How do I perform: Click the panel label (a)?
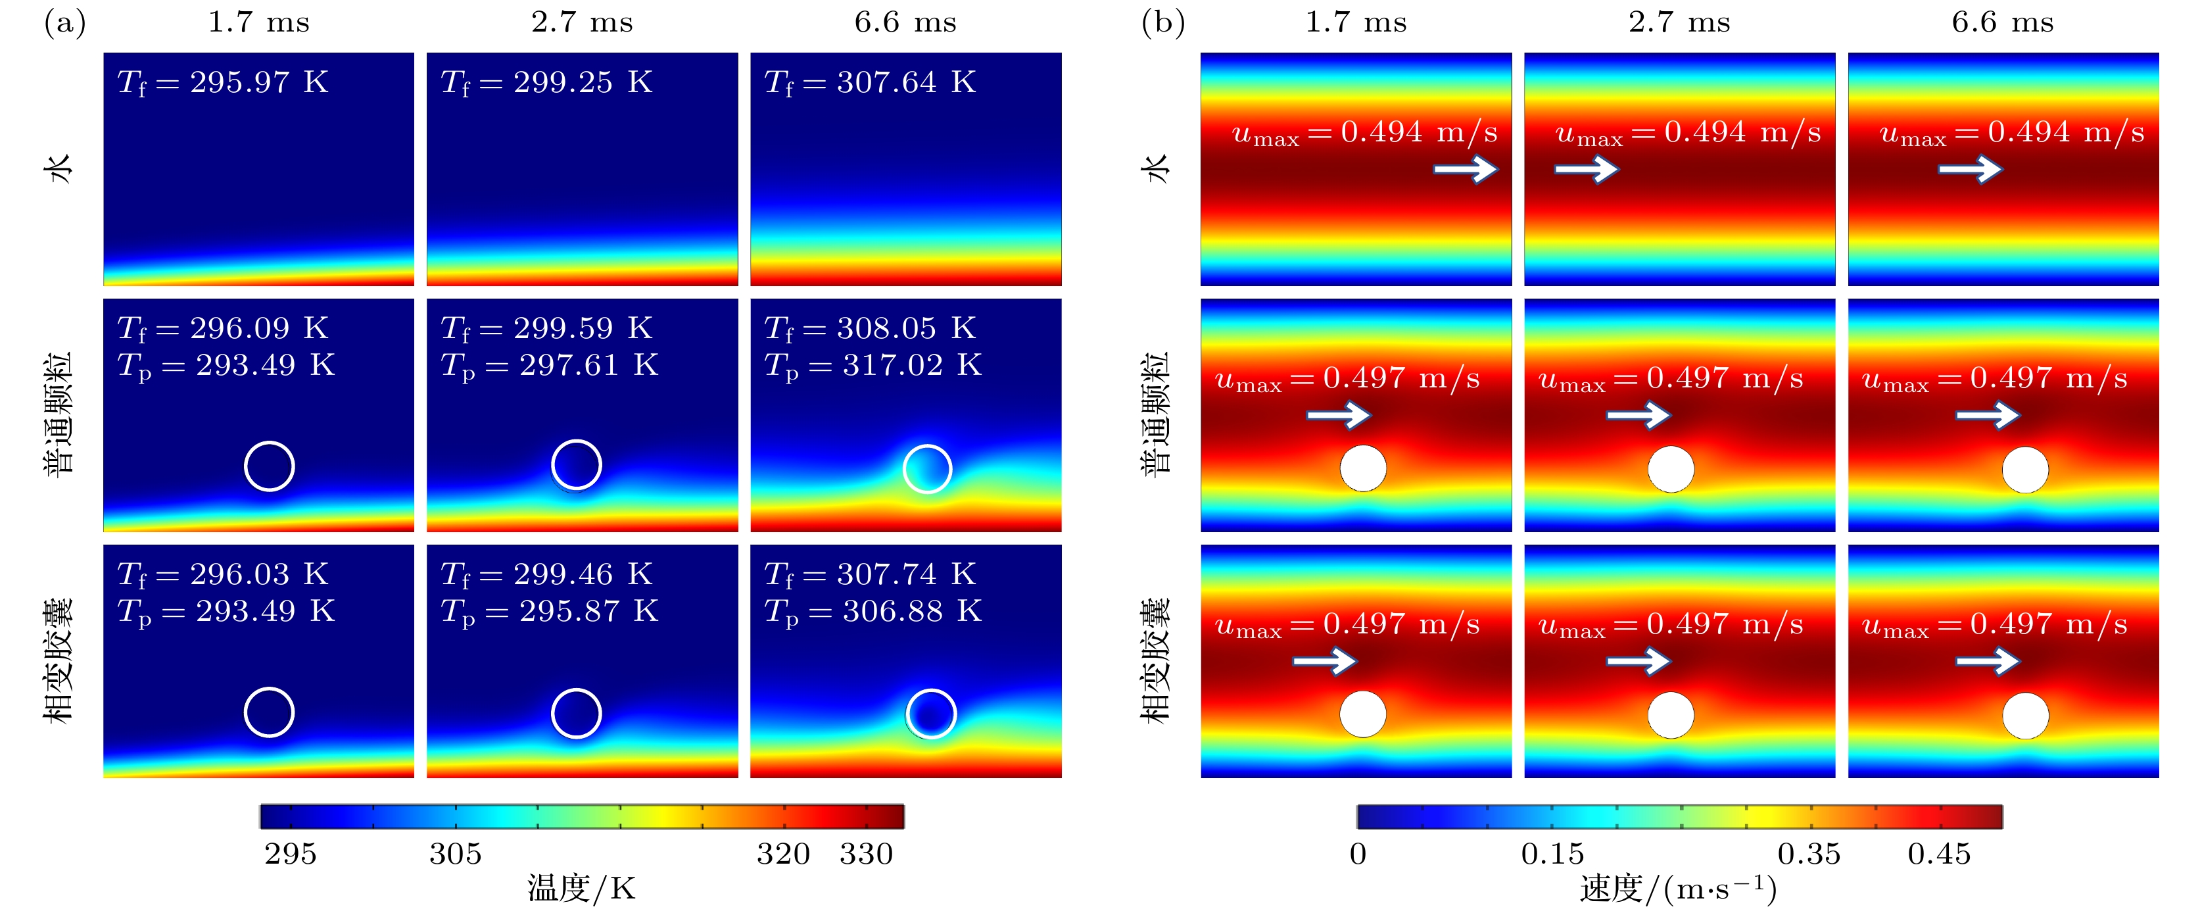point(65,23)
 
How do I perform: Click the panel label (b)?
point(1162,23)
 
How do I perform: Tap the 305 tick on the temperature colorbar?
point(455,853)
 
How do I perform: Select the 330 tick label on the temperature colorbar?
point(866,853)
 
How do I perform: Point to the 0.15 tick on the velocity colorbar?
point(1552,853)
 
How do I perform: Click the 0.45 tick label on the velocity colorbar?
point(1939,853)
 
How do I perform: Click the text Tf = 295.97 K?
point(222,83)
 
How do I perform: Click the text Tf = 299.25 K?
point(546,83)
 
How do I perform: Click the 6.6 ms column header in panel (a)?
point(905,22)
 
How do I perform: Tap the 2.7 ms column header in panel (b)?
point(1679,22)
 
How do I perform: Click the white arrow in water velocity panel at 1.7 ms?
point(1465,169)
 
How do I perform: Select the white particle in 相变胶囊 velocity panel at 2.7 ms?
point(1671,715)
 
